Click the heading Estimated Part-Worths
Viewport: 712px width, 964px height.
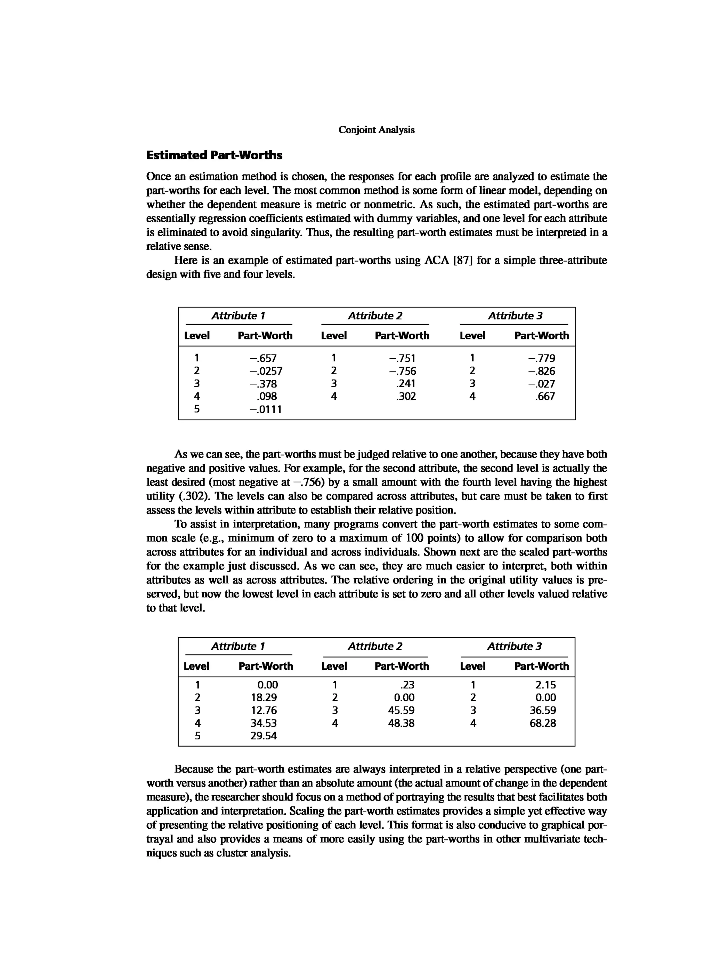(x=214, y=155)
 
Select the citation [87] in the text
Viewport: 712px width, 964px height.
(x=462, y=261)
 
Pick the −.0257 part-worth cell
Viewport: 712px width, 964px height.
(x=266, y=371)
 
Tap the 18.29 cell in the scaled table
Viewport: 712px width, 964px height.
(x=264, y=698)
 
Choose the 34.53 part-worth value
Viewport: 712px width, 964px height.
(x=264, y=723)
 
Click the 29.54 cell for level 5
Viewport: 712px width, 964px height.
(x=264, y=735)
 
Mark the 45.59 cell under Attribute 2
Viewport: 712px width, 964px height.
(x=401, y=710)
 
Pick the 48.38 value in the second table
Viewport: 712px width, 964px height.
(x=401, y=723)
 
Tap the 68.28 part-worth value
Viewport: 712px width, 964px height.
(x=543, y=723)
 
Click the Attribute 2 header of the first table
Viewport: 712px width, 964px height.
(x=375, y=316)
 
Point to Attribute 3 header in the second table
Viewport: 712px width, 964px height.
(x=515, y=646)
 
